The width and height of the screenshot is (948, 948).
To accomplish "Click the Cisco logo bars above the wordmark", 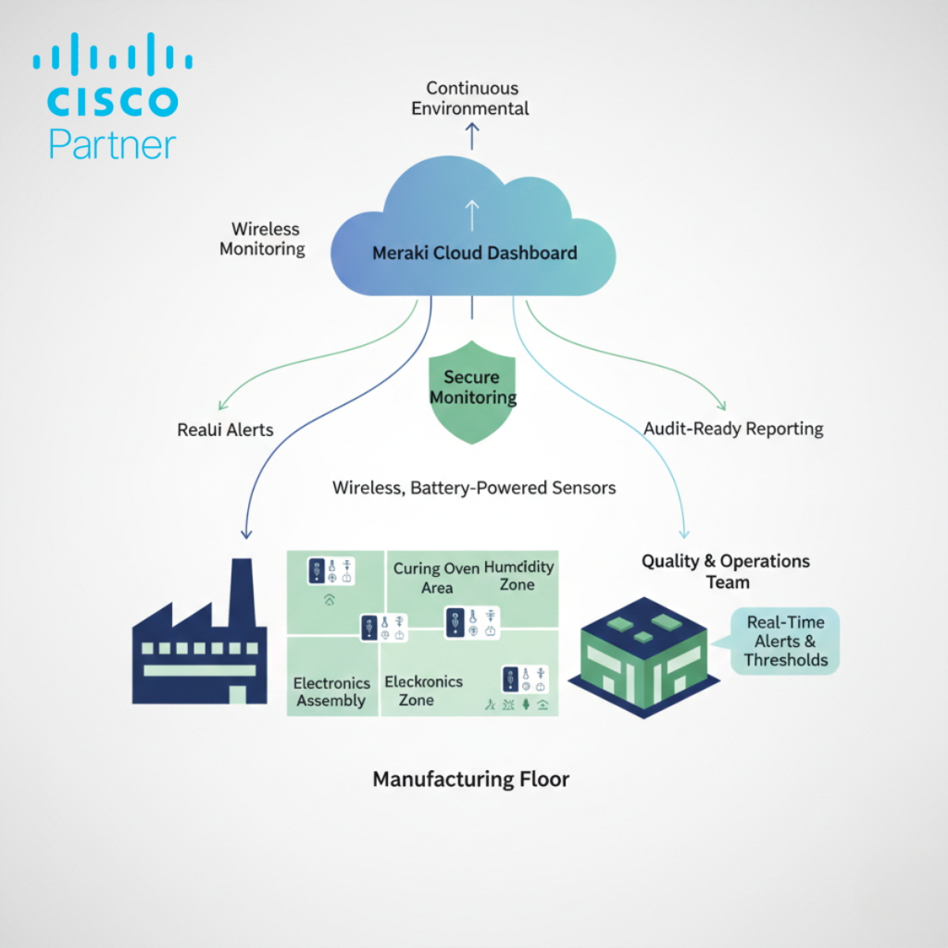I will point(113,56).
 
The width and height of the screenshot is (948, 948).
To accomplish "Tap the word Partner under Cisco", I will point(112,143).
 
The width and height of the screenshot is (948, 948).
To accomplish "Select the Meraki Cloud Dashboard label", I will point(474,253).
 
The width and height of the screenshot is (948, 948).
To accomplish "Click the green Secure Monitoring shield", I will point(473,389).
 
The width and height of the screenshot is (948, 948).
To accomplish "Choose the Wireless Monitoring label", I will point(266,238).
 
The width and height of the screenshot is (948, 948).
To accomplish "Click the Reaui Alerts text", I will point(225,430).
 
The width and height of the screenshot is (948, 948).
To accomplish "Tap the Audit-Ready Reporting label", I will point(733,429).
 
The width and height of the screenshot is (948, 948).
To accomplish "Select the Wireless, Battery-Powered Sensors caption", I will point(474,487).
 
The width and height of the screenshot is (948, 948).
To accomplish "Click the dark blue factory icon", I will point(199,643).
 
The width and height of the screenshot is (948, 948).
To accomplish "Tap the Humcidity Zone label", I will point(518,576).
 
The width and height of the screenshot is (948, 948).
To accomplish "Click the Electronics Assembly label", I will point(331,692).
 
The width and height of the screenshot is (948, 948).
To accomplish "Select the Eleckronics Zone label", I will point(423,691).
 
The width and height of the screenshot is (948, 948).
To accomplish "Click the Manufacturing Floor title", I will point(470,779).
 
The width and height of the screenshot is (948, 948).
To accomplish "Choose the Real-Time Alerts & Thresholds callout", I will point(785,640).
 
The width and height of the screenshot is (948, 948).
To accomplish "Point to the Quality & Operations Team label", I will point(726,571).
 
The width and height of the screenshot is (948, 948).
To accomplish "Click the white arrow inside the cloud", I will point(472,215).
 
